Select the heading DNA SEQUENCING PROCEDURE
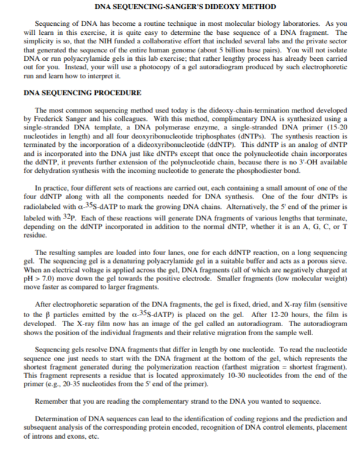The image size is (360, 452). [x=82, y=94]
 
